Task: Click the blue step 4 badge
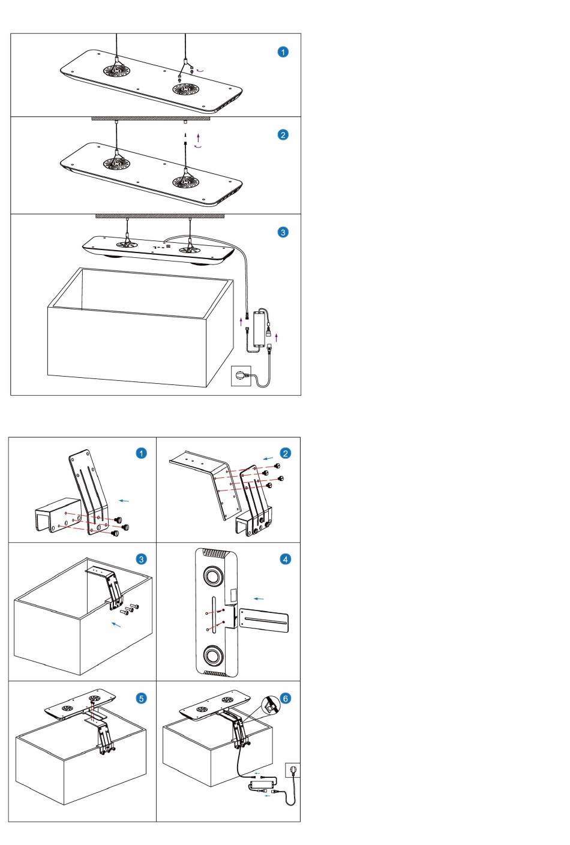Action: coord(286,559)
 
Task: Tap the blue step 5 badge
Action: coord(141,698)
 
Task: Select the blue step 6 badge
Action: coord(286,698)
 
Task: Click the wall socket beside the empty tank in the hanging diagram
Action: coord(241,376)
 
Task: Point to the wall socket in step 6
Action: coord(293,770)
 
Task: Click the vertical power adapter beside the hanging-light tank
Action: coord(259,328)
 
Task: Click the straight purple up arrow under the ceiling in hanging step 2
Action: coord(199,137)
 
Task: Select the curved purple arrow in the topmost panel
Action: coord(201,70)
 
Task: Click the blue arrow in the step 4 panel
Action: coord(259,599)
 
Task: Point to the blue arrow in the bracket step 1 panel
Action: coord(124,501)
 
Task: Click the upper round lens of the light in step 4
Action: coord(213,576)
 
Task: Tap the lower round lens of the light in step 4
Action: coord(213,655)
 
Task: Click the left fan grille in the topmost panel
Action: coord(116,70)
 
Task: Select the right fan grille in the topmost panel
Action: coord(186,89)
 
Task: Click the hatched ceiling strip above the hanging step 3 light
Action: coord(160,216)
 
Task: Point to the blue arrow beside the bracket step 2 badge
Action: coord(268,458)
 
